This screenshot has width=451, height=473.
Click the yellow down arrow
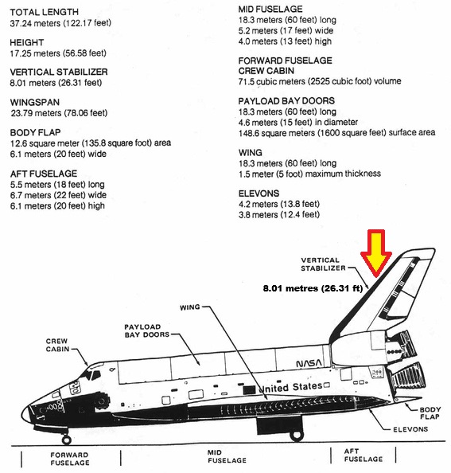tap(376, 252)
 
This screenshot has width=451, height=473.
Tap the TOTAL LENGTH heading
tap(45, 13)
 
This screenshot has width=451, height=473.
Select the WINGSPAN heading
tap(35, 102)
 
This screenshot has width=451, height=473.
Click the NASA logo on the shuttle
tap(309, 363)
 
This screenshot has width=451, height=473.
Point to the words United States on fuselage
tap(290, 387)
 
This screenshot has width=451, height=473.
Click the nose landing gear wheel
tap(66, 440)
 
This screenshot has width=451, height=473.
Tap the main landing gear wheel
tap(296, 436)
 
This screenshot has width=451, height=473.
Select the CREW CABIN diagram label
tap(57, 345)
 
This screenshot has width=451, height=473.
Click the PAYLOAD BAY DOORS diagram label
tap(147, 331)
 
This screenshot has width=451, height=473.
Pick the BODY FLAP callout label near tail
tap(430, 413)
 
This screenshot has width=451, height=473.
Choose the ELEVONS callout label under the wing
tap(410, 429)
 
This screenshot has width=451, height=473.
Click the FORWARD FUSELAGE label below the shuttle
tap(70, 459)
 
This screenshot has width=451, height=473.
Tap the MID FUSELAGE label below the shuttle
tap(227, 456)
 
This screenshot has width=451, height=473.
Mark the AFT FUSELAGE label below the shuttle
tap(364, 455)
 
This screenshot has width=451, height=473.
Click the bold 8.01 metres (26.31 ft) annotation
tap(313, 288)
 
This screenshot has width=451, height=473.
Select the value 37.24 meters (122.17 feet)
tap(60, 23)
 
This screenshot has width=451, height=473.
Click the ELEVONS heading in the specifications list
tap(259, 193)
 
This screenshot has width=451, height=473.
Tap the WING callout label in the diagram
tap(190, 307)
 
